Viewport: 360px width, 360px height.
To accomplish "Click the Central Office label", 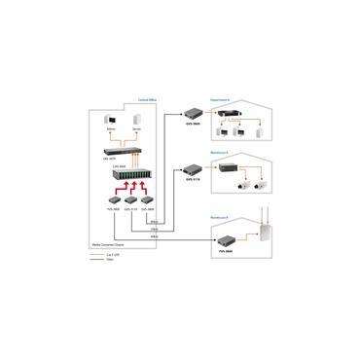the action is tap(145, 99).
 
